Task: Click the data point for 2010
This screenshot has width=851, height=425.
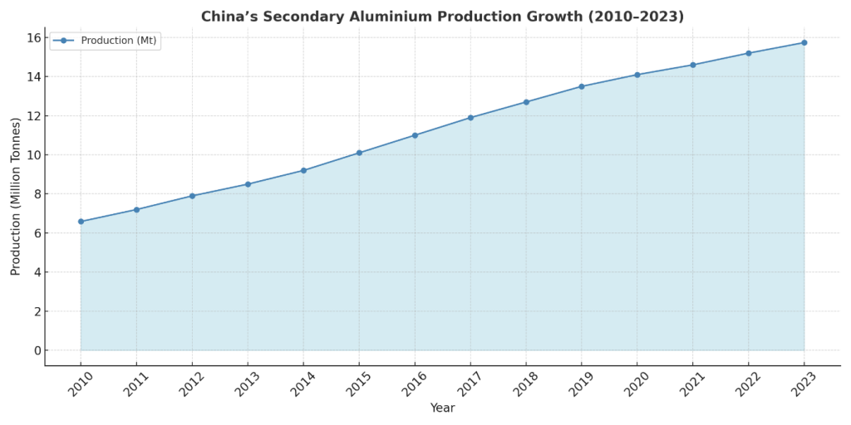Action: pos(81,222)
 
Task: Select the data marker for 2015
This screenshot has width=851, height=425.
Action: pos(359,153)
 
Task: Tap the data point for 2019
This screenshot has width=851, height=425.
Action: pos(582,86)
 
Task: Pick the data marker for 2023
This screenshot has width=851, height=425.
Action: pos(804,42)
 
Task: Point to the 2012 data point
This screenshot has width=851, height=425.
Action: pos(192,196)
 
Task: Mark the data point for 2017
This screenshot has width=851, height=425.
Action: pos(470,118)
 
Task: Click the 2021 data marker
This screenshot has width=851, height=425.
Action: pos(693,65)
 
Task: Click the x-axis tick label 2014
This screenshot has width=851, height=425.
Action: pos(303,383)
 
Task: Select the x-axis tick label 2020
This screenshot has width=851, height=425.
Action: pos(637,383)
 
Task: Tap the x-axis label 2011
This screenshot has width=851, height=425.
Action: pos(135,383)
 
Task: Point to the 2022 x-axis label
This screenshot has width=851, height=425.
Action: pos(748,383)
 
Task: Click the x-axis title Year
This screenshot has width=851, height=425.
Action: pos(442,408)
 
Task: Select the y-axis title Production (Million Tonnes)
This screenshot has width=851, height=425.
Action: pos(16,196)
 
